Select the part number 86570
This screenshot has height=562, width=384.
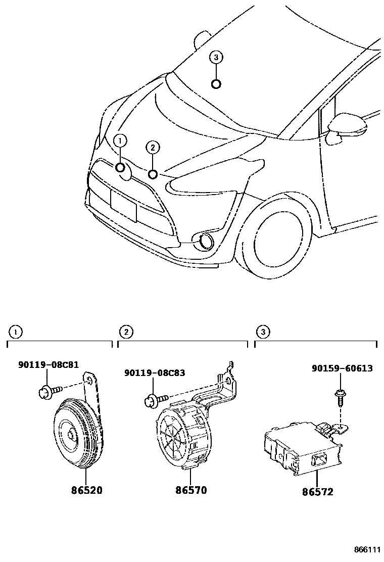pyautogui.click(x=191, y=490)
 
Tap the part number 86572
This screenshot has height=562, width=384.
pyautogui.click(x=317, y=491)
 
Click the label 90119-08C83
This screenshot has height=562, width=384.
pyautogui.click(x=154, y=373)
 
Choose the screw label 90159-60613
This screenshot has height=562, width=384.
pyautogui.click(x=342, y=368)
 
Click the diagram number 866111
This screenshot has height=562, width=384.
pyautogui.click(x=367, y=549)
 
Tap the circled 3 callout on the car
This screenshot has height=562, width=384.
pyautogui.click(x=216, y=58)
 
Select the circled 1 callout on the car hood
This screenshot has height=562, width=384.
pyautogui.click(x=120, y=141)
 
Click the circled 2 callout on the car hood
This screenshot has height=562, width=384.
pyautogui.click(x=153, y=147)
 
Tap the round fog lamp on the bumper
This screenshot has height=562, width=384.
pyautogui.click(x=206, y=242)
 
